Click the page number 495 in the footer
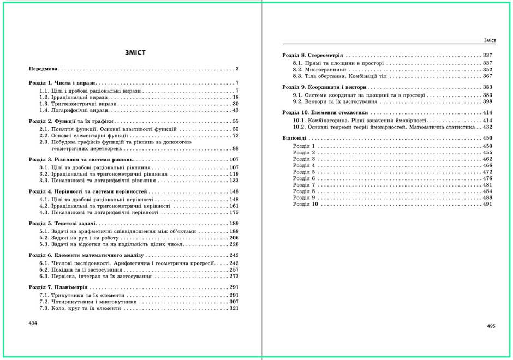491,326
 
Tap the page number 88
236,148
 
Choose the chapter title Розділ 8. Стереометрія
312,56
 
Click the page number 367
487,77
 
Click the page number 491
487,204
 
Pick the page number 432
487,127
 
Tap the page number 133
234,180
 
